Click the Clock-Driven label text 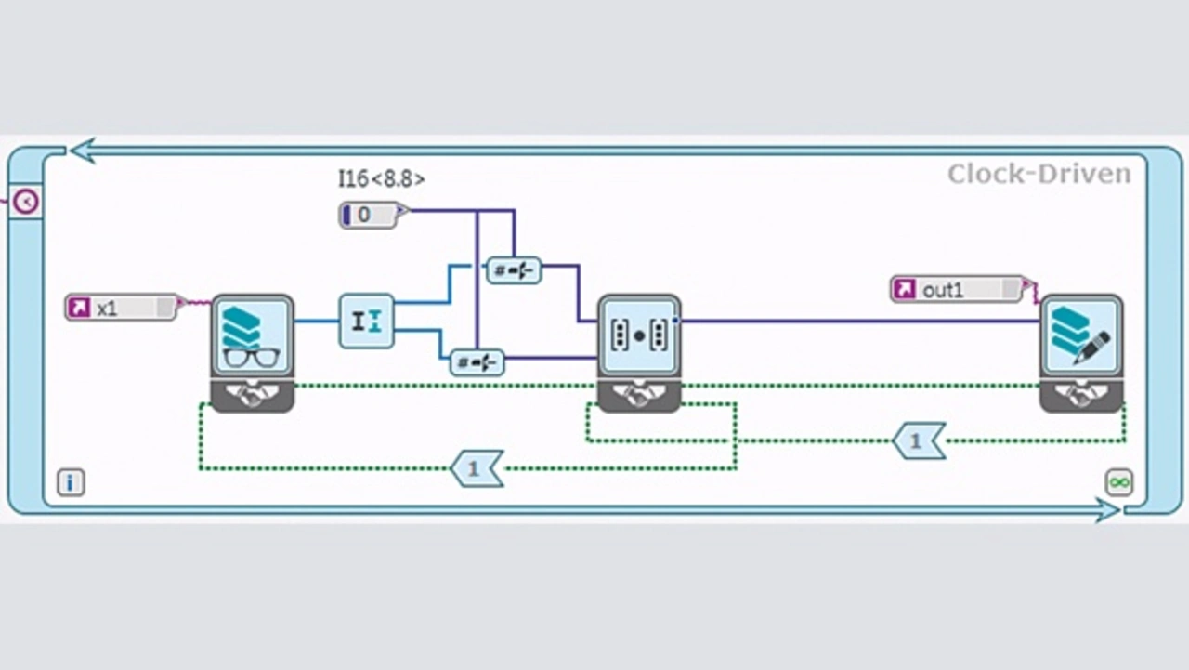tap(1039, 174)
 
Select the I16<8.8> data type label tap(381, 178)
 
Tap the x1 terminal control tap(122, 308)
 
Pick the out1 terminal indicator tap(957, 289)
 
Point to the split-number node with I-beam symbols tap(366, 322)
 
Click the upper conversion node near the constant tap(514, 269)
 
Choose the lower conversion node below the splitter tap(477, 361)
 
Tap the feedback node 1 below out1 tap(918, 440)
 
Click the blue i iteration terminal tap(71, 482)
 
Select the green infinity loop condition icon tap(1119, 481)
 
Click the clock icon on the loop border tap(25, 201)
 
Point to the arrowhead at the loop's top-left tap(83, 150)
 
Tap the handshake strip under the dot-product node tap(639, 396)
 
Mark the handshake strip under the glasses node tap(253, 396)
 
